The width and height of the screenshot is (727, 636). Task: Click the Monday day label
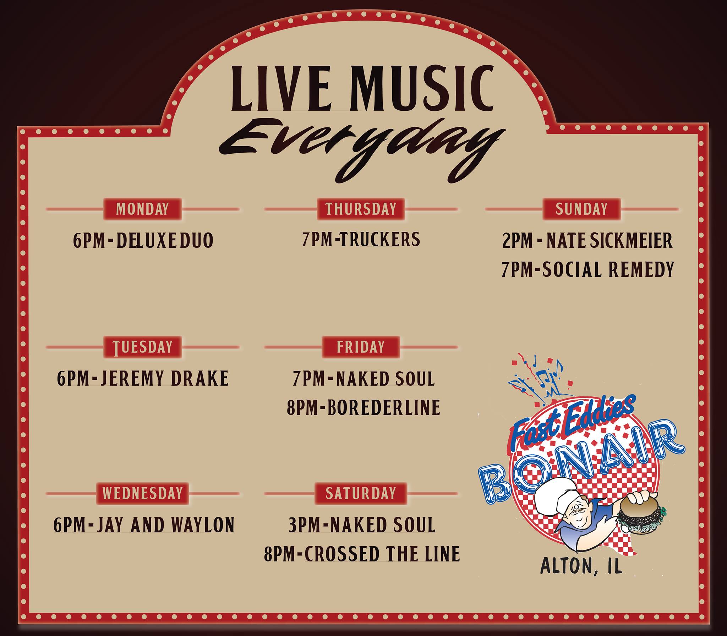click(142, 209)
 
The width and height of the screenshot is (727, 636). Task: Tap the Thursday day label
click(361, 209)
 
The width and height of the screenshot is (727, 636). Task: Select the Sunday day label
click(581, 209)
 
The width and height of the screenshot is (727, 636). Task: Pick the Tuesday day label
click(142, 347)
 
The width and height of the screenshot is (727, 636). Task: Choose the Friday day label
click(361, 347)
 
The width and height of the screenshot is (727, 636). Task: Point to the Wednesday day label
click(142, 493)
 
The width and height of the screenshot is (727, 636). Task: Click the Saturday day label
click(361, 493)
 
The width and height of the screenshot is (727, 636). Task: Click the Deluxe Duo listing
click(143, 240)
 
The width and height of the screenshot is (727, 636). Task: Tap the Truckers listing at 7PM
click(361, 239)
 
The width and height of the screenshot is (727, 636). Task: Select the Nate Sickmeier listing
click(587, 240)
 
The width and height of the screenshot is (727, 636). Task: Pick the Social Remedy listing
click(587, 269)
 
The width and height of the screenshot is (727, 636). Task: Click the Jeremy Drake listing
click(143, 378)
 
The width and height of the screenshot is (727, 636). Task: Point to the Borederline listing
click(363, 407)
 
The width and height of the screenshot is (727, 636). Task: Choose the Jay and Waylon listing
click(144, 525)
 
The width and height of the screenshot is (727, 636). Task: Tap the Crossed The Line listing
click(362, 554)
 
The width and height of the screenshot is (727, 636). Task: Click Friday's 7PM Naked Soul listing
click(364, 378)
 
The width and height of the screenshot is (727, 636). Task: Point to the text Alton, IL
click(581, 577)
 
